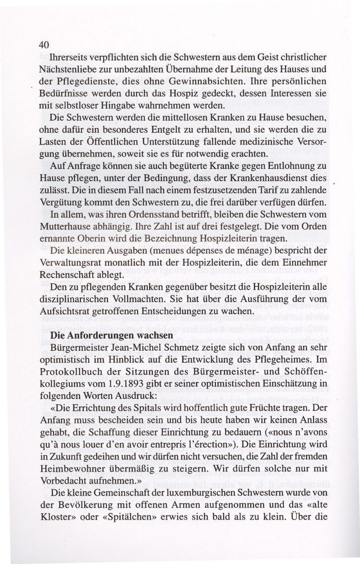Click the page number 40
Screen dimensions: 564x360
point(44,45)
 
